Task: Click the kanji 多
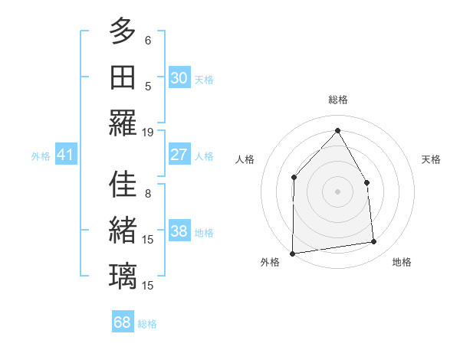[x=123, y=31]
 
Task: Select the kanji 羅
[x=123, y=122]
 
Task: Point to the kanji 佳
[x=123, y=185]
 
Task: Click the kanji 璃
[x=123, y=275]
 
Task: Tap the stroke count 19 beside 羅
[x=148, y=132]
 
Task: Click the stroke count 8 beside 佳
[x=148, y=195]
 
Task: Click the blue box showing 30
[x=179, y=78]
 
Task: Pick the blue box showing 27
[x=179, y=155]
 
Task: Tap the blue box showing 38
[x=179, y=232]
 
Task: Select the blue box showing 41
[x=65, y=155]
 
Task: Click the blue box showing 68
[x=122, y=322]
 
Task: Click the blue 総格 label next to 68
[x=147, y=324]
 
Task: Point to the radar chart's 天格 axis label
[x=431, y=159]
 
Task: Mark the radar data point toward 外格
[x=292, y=253]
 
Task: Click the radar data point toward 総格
[x=337, y=131]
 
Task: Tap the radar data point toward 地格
[x=374, y=242]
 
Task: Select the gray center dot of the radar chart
[x=337, y=191]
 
